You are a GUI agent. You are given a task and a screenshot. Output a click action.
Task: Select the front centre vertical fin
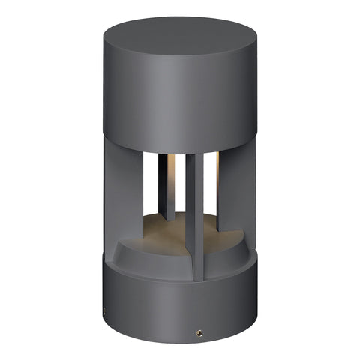click(194, 217)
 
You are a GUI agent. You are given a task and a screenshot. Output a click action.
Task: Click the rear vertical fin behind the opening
click(169, 187)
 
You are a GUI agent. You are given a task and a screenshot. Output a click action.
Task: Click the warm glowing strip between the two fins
click(181, 169)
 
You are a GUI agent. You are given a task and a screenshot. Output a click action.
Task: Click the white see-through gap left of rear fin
click(152, 187)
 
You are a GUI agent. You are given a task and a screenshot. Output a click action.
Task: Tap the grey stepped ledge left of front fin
click(150, 251)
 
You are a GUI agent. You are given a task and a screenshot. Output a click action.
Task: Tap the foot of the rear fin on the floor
click(169, 220)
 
